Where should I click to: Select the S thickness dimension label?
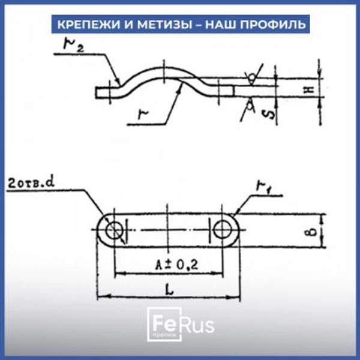(x=271, y=112)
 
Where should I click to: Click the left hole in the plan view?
(x=113, y=230)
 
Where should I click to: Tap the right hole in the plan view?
(x=223, y=230)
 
